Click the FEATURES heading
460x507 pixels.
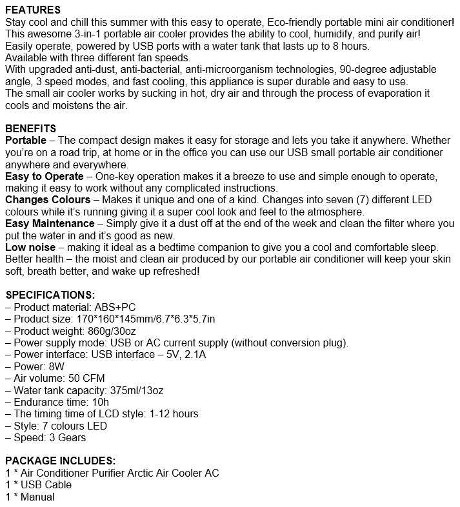point(33,10)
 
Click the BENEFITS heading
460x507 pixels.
point(30,128)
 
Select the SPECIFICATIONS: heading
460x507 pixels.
point(50,295)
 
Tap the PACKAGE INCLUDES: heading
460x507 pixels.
point(60,461)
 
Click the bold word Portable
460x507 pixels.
point(25,140)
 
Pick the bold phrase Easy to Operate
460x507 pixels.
point(44,176)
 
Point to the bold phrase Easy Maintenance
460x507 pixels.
point(49,224)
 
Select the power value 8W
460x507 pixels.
point(57,366)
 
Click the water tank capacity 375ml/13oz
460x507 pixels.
point(141,390)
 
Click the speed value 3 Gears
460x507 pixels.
point(68,437)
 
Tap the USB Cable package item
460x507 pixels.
point(43,485)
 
